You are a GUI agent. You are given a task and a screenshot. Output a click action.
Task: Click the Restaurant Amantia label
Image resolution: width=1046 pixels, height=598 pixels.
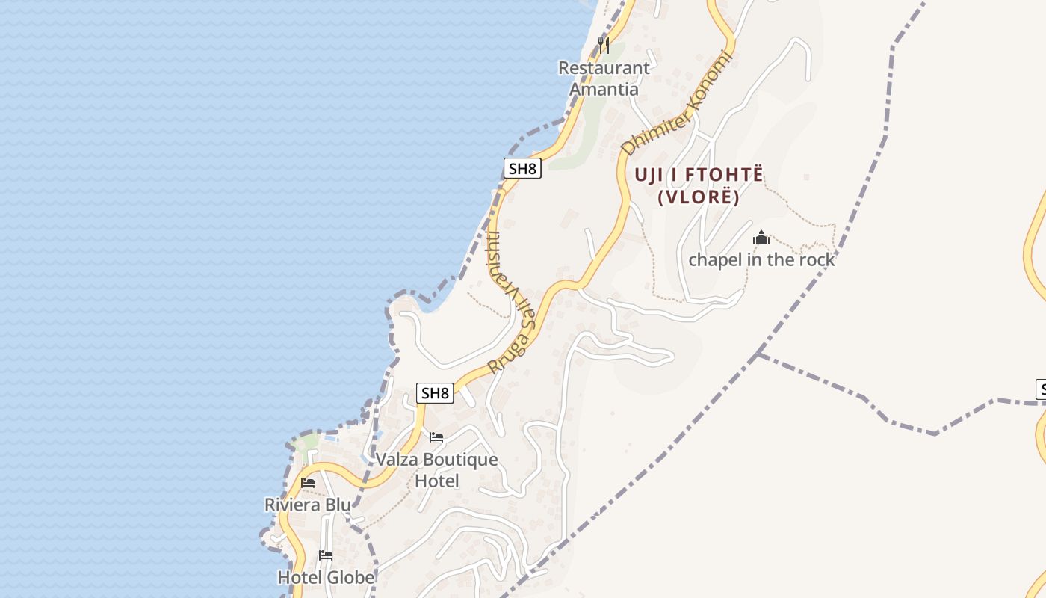604,78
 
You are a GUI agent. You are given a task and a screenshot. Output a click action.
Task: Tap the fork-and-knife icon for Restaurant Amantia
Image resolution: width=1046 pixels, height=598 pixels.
604,46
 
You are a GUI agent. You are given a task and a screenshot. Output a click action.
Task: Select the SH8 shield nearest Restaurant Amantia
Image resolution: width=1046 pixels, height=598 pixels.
522,168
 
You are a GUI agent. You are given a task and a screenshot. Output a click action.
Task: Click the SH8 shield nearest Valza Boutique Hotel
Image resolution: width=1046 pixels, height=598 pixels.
435,392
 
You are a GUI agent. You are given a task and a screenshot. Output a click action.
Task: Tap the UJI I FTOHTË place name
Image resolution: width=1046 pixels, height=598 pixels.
699,175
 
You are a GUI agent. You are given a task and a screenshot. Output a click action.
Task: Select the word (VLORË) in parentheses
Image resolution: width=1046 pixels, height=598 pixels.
699,197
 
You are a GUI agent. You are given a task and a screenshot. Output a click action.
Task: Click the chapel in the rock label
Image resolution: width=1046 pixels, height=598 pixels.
761,259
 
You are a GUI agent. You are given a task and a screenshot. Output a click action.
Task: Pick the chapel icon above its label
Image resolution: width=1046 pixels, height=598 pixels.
761,238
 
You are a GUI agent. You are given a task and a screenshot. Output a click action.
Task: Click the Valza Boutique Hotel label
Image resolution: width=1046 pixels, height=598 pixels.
436,469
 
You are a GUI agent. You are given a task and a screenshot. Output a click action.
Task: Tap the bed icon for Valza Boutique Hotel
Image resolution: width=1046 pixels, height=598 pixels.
436,437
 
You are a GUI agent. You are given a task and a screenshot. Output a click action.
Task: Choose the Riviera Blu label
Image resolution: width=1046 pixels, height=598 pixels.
308,505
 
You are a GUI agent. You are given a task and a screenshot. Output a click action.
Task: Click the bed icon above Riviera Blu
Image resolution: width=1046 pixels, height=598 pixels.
308,483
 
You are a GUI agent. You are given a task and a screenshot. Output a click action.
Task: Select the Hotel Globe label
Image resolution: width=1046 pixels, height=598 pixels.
326,577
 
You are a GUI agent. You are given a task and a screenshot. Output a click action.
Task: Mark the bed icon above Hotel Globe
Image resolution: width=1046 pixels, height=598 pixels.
326,555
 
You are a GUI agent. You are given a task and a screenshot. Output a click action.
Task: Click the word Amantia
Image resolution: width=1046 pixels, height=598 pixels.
604,89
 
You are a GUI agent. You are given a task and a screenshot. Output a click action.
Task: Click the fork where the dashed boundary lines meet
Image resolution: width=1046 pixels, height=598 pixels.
758,353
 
